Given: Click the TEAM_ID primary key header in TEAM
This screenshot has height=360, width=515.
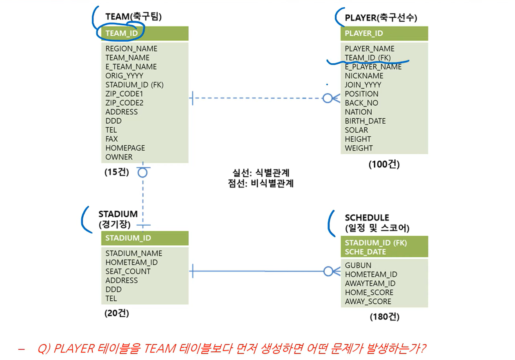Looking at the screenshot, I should click(122, 33).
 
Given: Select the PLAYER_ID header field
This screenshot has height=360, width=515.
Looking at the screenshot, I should click(364, 33).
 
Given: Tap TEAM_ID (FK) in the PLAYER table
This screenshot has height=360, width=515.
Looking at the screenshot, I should click(368, 58).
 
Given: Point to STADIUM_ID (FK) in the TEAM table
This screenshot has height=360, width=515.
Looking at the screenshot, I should click(134, 85).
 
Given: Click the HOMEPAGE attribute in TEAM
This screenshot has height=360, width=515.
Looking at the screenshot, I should click(125, 148).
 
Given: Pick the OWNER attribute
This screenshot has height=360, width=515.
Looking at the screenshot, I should click(119, 157).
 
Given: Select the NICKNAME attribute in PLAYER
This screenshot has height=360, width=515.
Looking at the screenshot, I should click(364, 76).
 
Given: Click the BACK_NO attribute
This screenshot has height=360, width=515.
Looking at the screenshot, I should click(361, 103).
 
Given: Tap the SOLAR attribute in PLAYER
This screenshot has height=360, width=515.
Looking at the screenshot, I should click(356, 130).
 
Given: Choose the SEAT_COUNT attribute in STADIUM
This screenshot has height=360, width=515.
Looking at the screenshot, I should click(128, 271).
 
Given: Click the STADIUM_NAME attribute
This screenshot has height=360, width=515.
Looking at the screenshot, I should click(134, 253).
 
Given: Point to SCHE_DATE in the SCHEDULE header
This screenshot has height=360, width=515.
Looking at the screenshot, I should click(365, 252).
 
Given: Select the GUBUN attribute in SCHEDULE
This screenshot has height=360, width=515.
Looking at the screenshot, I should click(358, 266).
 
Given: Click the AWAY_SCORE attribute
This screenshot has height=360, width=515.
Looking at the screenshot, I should click(368, 302).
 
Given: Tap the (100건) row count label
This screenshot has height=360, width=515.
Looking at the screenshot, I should click(384, 164).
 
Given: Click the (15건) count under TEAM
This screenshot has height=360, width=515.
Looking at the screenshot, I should click(116, 172).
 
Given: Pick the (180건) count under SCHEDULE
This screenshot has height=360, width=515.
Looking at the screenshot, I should click(384, 317).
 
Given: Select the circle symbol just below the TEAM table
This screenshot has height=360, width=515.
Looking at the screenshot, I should click(142, 172).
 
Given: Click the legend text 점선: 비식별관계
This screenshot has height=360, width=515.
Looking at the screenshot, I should click(261, 183).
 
